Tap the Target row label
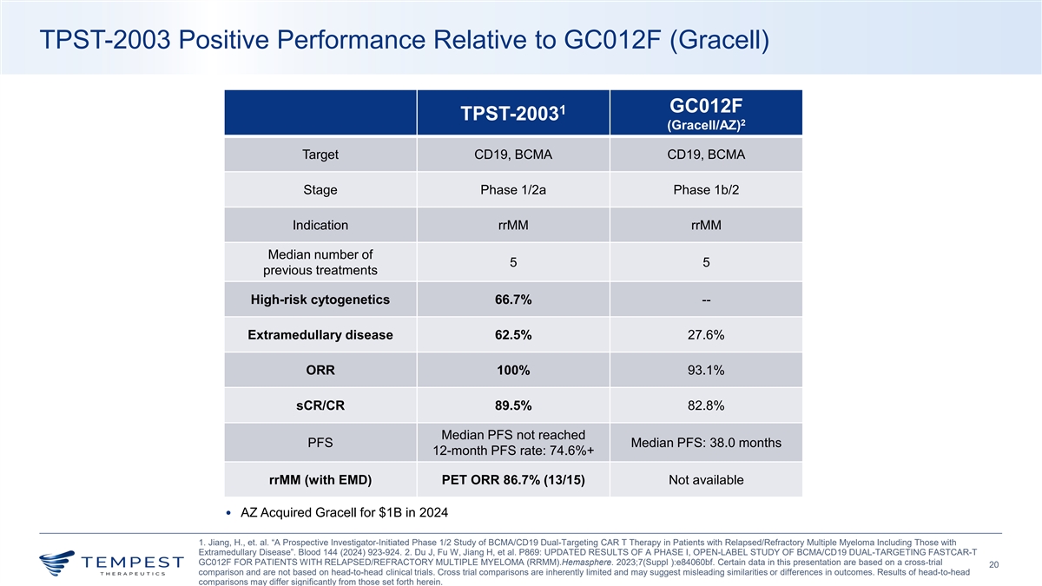(320, 155)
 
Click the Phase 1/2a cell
(512, 190)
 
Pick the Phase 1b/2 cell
(705, 190)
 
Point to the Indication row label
(320, 226)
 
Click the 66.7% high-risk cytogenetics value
(512, 300)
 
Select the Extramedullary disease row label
(320, 335)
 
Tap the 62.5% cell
(512, 335)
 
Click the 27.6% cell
(705, 335)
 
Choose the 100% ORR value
(512, 371)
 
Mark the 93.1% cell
(705, 371)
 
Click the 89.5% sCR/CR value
(512, 406)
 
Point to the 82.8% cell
(705, 406)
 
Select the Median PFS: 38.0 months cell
(705, 443)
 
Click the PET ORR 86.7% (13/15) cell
(512, 479)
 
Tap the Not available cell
(705, 479)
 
